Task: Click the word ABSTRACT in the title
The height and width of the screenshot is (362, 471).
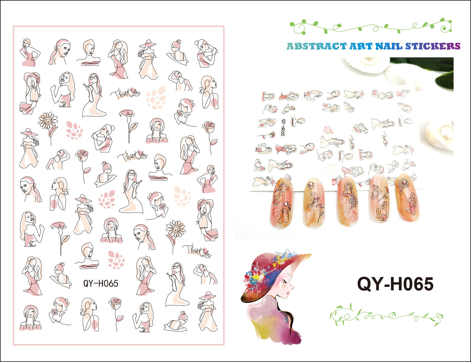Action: [316, 46]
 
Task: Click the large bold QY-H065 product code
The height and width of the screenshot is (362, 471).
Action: [395, 284]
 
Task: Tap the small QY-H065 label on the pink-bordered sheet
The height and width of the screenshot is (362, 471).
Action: [101, 283]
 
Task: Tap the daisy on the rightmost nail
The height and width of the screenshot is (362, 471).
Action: [403, 183]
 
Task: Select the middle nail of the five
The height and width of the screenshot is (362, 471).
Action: [348, 201]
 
